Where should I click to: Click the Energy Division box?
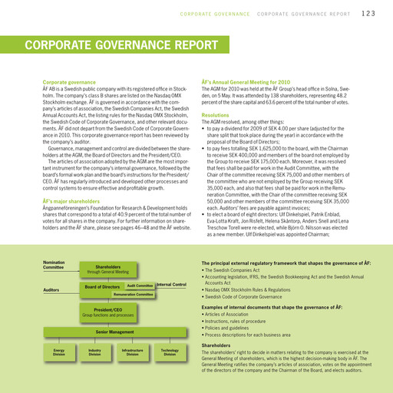tap(58, 352)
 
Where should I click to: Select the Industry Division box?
tap(95, 352)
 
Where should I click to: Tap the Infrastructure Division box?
tap(132, 352)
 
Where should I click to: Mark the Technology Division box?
tap(170, 352)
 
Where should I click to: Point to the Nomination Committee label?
tap(53, 266)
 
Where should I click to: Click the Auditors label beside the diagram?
tap(51, 290)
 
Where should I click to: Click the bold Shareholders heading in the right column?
tap(217, 345)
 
